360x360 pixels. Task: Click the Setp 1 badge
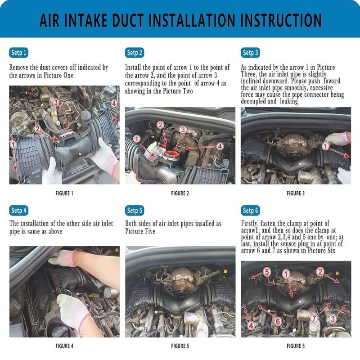[18, 53]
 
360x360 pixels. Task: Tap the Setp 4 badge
[18, 210]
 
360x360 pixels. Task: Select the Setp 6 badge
[250, 210]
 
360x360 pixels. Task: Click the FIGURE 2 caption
[180, 193]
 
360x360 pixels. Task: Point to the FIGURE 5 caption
[180, 346]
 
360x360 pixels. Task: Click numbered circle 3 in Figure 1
[56, 103]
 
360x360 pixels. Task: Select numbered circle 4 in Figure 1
[114, 103]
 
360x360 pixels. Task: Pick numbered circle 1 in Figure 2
[137, 139]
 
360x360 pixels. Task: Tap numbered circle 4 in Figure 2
[220, 146]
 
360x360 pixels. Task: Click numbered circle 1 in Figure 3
[325, 146]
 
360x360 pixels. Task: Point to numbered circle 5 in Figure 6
[267, 272]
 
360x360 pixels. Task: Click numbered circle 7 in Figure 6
[314, 318]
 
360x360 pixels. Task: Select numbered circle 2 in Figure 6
[320, 272]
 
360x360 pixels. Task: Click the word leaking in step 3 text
[289, 101]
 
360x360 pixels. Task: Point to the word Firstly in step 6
[250, 223]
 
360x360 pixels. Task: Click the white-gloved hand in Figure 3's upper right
[337, 139]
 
